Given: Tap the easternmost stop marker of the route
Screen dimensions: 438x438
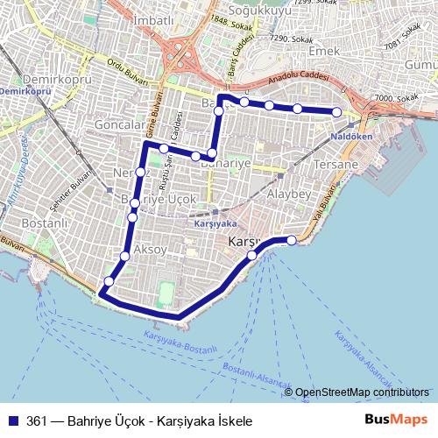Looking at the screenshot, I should [336, 111].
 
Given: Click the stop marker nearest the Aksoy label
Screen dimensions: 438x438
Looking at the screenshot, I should [124, 256].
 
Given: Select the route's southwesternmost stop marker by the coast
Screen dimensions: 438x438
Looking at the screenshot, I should [109, 281].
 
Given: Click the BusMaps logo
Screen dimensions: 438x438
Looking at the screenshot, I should [396, 420].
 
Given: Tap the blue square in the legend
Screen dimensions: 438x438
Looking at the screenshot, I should [13, 420].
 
